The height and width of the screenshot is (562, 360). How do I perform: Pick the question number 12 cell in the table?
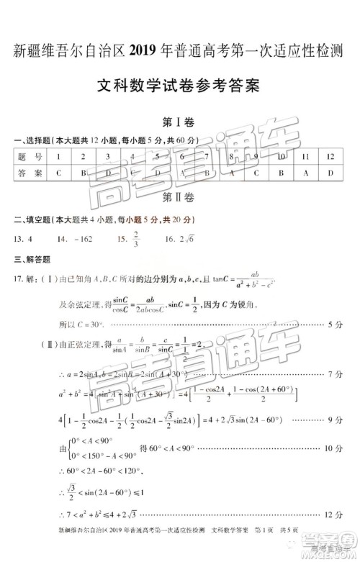point(330,156)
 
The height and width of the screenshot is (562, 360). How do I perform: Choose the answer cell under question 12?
point(330,173)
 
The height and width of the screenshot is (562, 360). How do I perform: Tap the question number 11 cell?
point(305,156)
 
